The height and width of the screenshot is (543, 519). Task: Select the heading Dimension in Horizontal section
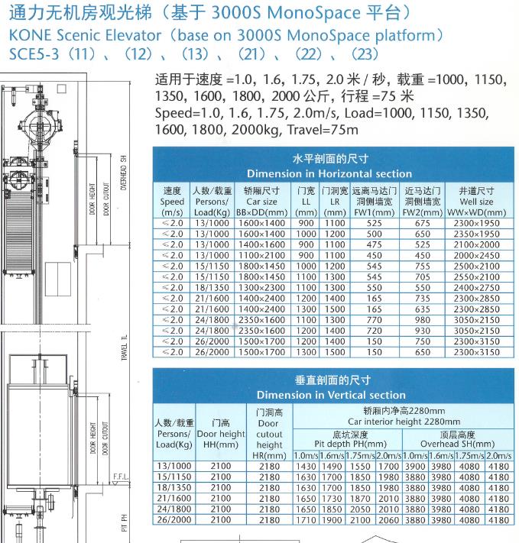tap(329, 173)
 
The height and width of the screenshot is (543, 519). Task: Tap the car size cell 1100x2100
tap(260, 255)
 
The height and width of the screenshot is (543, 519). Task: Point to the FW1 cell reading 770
tap(374, 320)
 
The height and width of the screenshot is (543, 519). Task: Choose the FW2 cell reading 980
tap(423, 320)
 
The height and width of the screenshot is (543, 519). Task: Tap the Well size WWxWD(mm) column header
tap(475, 201)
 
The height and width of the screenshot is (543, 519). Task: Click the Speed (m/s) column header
tap(172, 201)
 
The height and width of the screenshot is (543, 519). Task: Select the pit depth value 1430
tap(306, 466)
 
